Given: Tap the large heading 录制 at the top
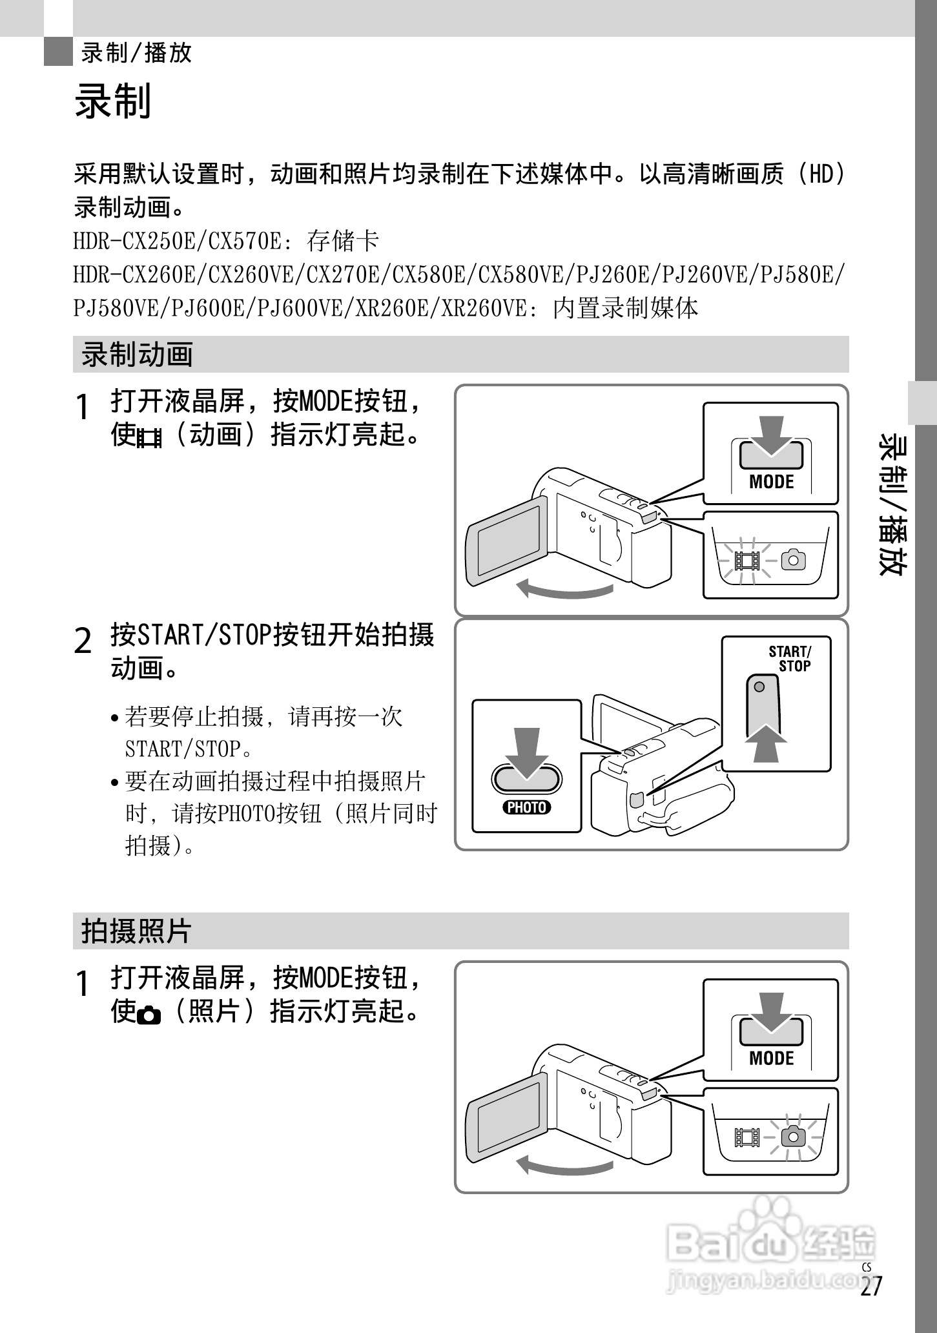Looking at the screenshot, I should (113, 101).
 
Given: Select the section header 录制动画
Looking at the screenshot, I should (137, 355).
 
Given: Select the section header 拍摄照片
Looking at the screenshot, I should (137, 931).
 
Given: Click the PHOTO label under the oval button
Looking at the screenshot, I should (527, 807).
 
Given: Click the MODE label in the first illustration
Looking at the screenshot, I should (771, 481).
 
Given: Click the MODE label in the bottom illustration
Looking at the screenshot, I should (771, 1058).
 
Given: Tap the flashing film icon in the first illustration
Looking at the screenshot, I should (747, 560).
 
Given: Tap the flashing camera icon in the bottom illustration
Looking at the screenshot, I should (793, 1137).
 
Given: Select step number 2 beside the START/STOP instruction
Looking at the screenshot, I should (83, 641).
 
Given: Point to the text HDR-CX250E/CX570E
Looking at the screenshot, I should (178, 241).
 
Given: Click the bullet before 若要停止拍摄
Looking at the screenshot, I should (114, 718).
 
